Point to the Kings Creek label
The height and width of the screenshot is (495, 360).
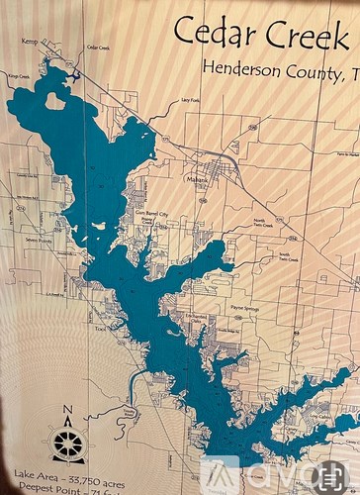pos(18,74)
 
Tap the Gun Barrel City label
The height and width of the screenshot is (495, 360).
pos(150,214)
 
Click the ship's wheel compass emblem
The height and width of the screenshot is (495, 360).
pos(67,443)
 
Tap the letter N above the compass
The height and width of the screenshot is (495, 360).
pos(67,411)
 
